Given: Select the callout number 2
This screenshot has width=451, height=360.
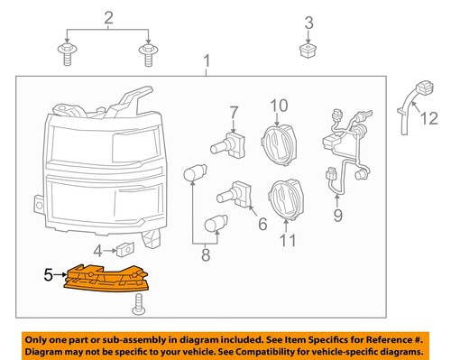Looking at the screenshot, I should pos(108,18).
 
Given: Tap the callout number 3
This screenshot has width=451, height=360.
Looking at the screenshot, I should pos(308,23).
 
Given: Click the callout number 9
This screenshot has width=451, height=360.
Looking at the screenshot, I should pos(338,216).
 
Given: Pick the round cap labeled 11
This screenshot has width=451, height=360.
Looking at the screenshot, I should pos(287,201).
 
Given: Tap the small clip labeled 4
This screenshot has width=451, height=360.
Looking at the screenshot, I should pos(124,248).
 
